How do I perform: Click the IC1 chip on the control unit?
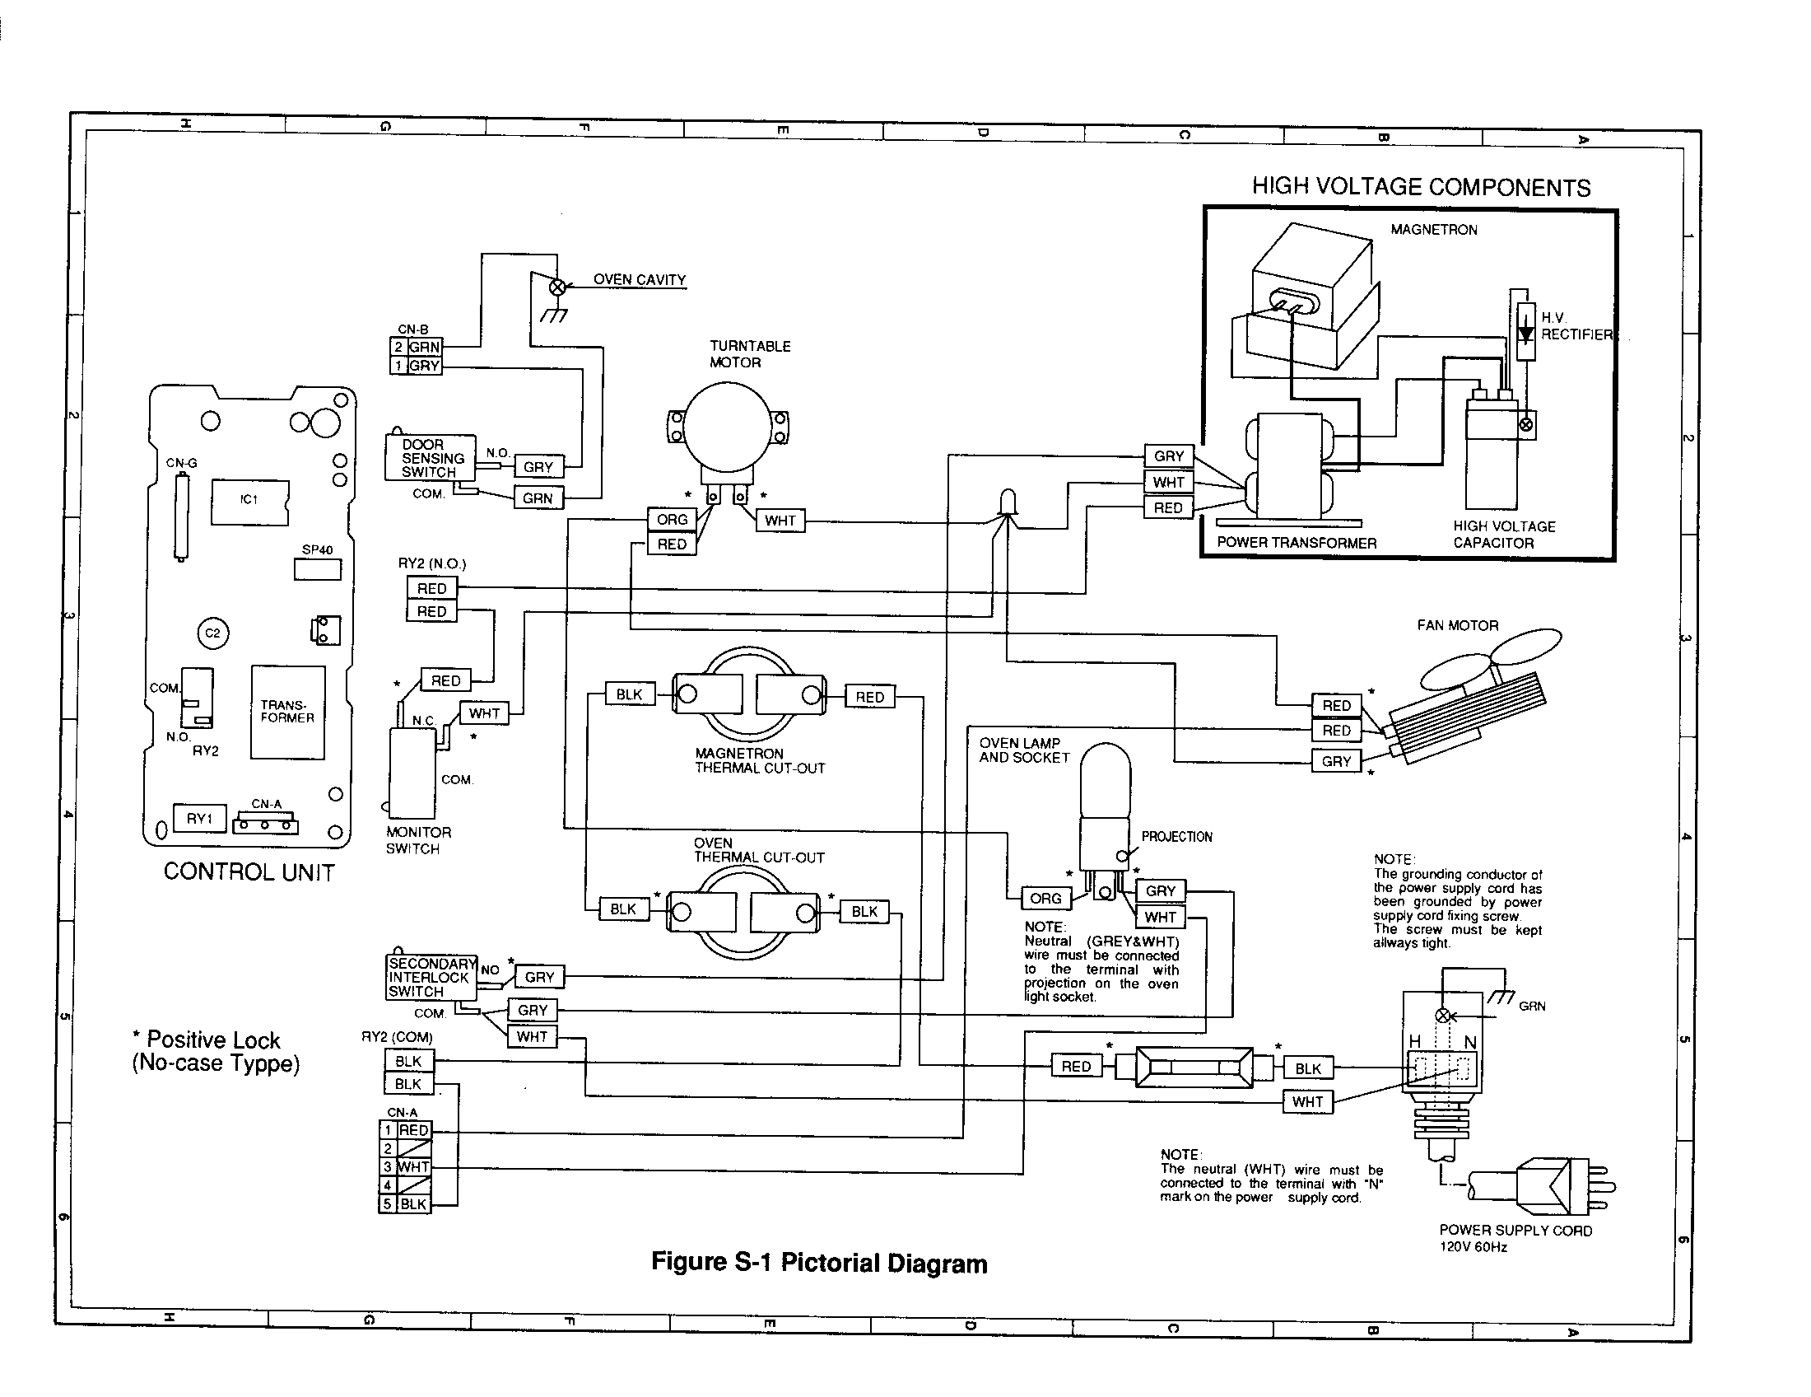click(x=249, y=501)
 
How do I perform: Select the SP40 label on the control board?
click(x=317, y=549)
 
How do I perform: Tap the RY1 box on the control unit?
click(x=199, y=819)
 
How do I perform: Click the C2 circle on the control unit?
click(x=213, y=633)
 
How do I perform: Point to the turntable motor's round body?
click(x=727, y=426)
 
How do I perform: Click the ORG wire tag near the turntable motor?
click(x=672, y=519)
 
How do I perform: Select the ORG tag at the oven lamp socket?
click(x=1045, y=899)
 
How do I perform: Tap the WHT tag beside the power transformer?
click(x=1168, y=482)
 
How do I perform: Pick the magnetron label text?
click(x=1434, y=230)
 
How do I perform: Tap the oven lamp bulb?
click(x=1106, y=780)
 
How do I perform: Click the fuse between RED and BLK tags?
click(x=1194, y=1067)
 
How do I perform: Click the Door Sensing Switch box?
click(x=430, y=458)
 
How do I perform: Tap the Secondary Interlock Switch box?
click(x=431, y=977)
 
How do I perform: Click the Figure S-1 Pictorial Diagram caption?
click(x=818, y=1263)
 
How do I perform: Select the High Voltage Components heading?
click(x=1421, y=187)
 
